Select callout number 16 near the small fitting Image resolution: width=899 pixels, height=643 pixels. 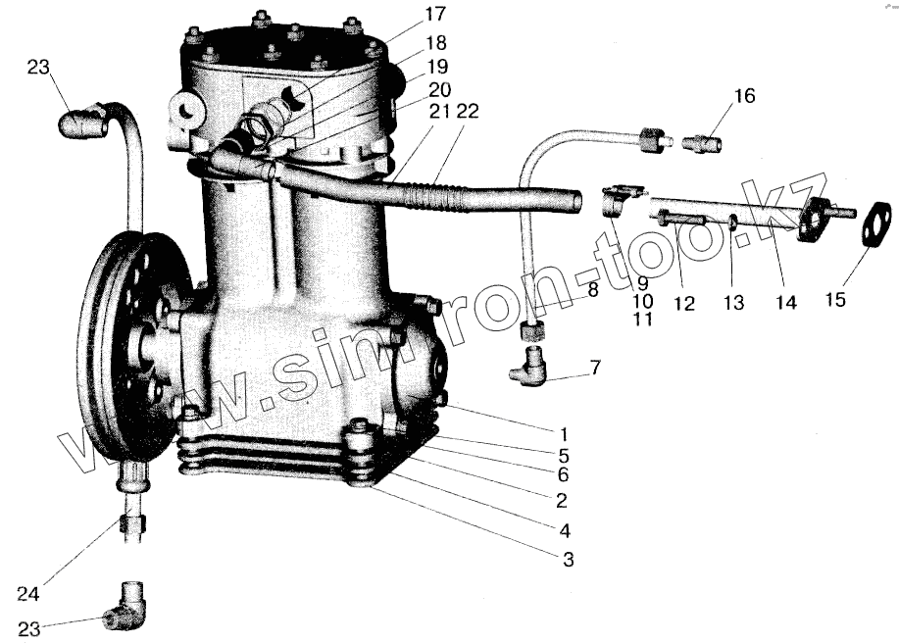point(745,96)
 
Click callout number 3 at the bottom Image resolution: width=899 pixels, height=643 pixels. point(568,560)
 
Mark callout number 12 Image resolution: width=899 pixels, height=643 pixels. point(683,305)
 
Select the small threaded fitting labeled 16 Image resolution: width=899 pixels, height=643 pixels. point(704,144)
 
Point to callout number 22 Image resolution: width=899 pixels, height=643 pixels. point(468,112)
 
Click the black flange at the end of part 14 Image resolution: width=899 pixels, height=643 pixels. point(814,221)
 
